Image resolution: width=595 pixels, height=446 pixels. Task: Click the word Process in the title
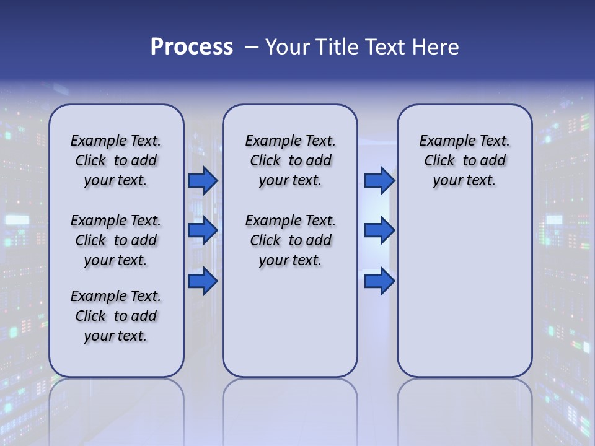pyautogui.click(x=192, y=46)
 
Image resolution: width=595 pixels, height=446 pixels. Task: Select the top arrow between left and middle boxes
pyautogui.click(x=203, y=180)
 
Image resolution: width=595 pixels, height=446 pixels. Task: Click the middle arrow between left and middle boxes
pyautogui.click(x=203, y=230)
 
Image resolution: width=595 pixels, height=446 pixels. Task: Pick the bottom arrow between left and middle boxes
pyautogui.click(x=203, y=281)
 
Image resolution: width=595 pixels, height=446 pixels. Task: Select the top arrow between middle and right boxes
pyautogui.click(x=379, y=180)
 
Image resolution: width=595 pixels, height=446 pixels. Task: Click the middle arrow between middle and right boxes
pyautogui.click(x=379, y=230)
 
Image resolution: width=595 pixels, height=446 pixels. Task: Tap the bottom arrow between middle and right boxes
pyautogui.click(x=379, y=281)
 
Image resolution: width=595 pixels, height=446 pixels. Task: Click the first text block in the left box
pyautogui.click(x=116, y=160)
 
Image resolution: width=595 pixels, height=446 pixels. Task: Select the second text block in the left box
pyautogui.click(x=116, y=240)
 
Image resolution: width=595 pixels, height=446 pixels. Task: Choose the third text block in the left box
pyautogui.click(x=116, y=316)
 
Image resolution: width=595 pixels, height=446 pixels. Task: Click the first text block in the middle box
pyautogui.click(x=290, y=160)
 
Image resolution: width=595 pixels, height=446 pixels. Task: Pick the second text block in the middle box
pyautogui.click(x=290, y=240)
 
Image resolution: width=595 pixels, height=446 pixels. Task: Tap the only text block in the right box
pyautogui.click(x=464, y=160)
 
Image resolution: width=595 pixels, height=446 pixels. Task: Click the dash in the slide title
pyautogui.click(x=252, y=46)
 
